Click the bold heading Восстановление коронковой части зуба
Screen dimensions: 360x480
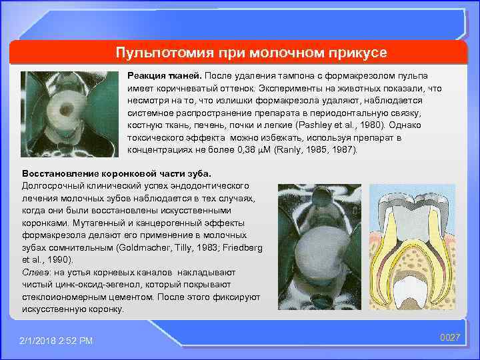click(x=101, y=173)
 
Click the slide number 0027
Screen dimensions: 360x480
click(x=450, y=338)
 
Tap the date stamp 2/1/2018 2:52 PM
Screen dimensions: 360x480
click(x=56, y=341)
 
